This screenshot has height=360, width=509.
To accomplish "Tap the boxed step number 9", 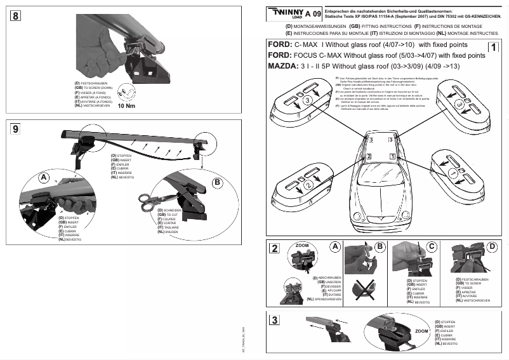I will click(15, 130).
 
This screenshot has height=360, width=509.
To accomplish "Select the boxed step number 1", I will click(492, 46).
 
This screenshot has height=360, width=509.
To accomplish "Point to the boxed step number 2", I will click(274, 248).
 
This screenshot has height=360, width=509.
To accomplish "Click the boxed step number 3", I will click(274, 320).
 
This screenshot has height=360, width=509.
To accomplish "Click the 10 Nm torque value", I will click(127, 106).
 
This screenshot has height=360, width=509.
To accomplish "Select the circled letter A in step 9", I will click(44, 178).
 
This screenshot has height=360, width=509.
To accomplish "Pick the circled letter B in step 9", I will click(216, 182).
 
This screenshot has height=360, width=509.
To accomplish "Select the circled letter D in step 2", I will click(492, 246).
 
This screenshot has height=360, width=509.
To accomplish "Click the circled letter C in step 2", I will click(432, 246).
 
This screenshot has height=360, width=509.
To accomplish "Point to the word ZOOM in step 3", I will click(421, 332).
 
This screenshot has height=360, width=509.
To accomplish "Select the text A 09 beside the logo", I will click(312, 13).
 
